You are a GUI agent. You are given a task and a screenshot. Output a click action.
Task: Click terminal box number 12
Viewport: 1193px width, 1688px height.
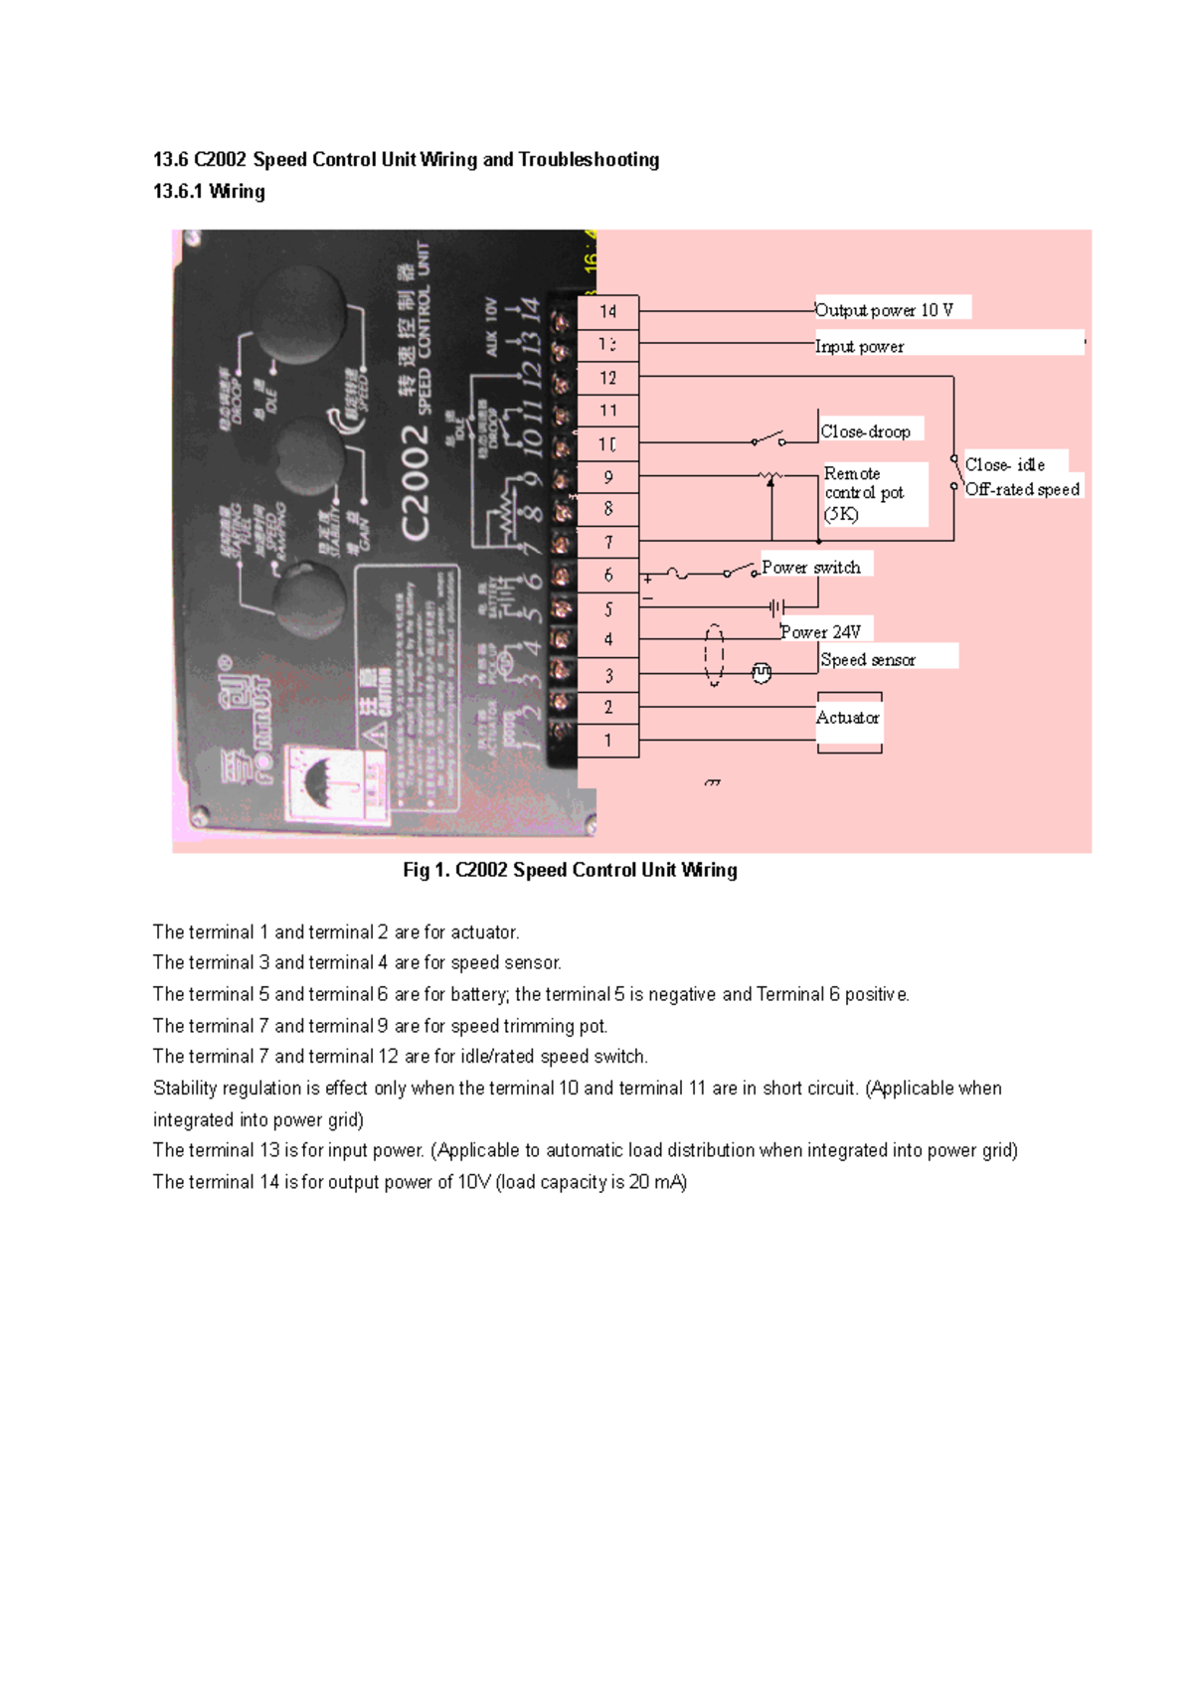coord(608,378)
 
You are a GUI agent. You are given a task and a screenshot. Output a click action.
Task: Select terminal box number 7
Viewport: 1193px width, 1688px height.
coord(608,543)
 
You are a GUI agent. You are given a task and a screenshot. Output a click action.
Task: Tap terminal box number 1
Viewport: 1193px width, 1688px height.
coord(608,741)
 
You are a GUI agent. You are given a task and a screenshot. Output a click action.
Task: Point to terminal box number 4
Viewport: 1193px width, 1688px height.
coord(608,640)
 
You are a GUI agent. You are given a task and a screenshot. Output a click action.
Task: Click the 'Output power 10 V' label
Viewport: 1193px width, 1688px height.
coord(884,310)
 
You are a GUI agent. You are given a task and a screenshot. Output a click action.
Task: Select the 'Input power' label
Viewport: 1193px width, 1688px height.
coord(860,347)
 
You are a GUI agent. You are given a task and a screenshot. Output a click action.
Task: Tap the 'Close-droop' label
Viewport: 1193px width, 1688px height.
coord(866,431)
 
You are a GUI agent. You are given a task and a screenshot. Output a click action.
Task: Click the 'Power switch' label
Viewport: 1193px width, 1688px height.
coord(811,568)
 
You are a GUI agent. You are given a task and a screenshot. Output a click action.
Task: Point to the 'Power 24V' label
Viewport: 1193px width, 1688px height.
coord(821,632)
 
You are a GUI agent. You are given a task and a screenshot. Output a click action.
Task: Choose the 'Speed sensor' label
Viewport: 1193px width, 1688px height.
coord(868,659)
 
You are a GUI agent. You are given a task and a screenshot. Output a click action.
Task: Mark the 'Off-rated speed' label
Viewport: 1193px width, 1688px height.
coord(1022,489)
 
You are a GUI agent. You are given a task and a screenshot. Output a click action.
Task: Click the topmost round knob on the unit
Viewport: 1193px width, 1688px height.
coord(299,316)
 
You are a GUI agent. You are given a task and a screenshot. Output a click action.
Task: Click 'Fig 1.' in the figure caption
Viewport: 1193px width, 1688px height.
coord(426,871)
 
